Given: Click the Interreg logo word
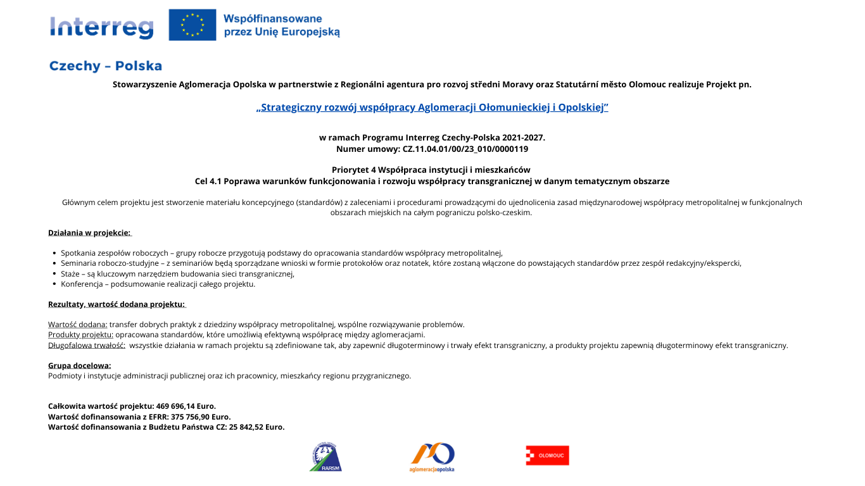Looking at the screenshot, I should point(101,27).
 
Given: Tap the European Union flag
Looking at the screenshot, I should point(192,25).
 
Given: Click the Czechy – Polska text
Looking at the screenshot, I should point(106,66).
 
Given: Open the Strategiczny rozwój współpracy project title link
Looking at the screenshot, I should point(432,108).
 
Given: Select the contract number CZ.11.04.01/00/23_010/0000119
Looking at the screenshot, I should point(465,149).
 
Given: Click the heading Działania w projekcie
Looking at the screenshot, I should point(89,233).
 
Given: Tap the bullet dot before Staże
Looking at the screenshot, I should point(54,274).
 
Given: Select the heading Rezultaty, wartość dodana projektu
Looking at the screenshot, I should point(117,304).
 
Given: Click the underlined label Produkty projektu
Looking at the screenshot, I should point(80,335).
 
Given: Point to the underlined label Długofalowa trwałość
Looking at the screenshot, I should point(87,346).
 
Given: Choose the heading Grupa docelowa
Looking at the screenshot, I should point(80,366).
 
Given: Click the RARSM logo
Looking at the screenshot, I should point(325,457).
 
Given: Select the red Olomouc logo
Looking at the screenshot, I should point(547,456).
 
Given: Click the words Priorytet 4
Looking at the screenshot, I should point(354,170).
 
